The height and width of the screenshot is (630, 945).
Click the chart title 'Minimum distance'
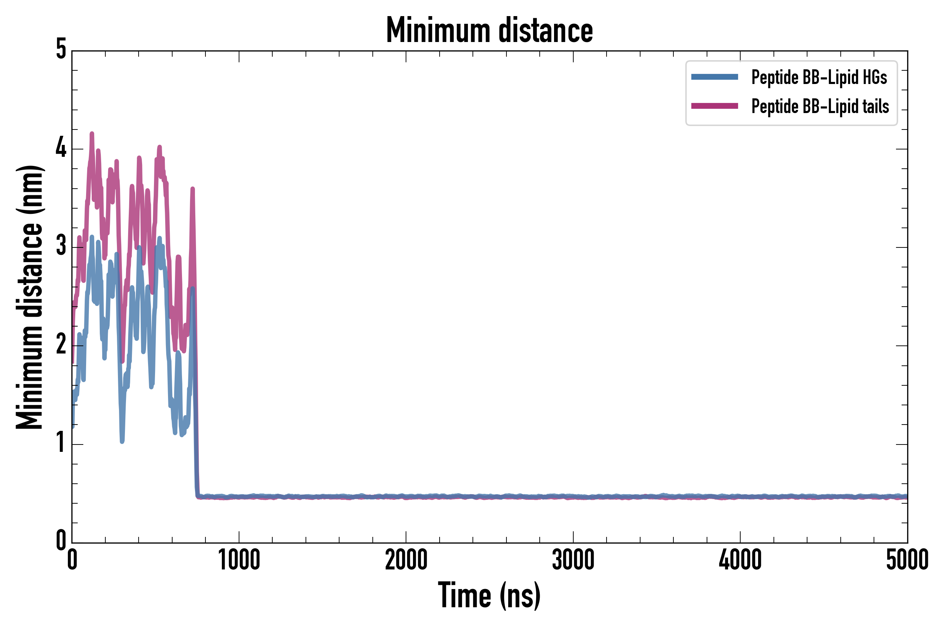click(x=489, y=30)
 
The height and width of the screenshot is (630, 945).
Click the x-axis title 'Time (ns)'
click(x=489, y=595)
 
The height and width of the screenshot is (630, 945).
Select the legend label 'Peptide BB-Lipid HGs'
click(x=819, y=77)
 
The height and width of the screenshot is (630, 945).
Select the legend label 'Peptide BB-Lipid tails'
click(x=820, y=106)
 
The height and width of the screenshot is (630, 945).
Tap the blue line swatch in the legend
click(x=714, y=77)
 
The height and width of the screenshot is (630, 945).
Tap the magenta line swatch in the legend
click(x=714, y=106)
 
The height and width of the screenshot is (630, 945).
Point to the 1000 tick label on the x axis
click(x=239, y=560)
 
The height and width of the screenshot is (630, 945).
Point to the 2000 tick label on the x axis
click(x=406, y=560)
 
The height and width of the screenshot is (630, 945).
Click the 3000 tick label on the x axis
click(x=573, y=560)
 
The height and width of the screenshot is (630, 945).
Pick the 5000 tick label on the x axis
click(x=907, y=560)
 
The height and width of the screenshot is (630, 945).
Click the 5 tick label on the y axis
click(x=61, y=50)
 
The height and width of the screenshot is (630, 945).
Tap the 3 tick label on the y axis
click(x=61, y=246)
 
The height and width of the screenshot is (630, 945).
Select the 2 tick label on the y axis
click(x=61, y=345)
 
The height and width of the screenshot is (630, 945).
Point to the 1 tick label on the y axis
click(x=61, y=443)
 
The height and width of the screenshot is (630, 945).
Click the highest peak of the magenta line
click(x=92, y=134)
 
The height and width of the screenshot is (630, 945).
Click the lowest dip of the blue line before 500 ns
click(x=122, y=441)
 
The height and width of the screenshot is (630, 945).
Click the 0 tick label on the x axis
click(x=72, y=560)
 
